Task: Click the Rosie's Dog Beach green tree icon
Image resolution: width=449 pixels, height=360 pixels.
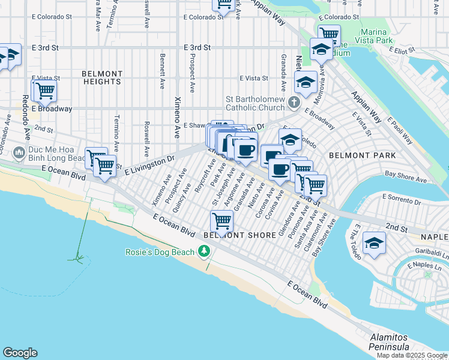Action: coord(205,251)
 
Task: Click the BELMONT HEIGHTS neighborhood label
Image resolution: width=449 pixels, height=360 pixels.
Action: coord(102,77)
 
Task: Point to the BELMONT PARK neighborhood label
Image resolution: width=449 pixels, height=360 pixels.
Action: coord(362,155)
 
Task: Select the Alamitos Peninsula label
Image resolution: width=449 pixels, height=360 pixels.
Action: coord(389,342)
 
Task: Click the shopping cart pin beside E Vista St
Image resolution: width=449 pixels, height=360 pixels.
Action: coord(44,91)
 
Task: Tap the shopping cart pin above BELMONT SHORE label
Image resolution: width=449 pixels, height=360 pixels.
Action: coord(222,221)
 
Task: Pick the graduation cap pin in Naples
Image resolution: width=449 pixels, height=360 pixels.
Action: coord(375,243)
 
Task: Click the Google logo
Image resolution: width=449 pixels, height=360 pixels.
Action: coord(20,352)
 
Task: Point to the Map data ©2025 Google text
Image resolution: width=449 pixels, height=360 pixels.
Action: coord(412,355)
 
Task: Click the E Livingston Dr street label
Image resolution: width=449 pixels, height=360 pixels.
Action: coord(149,166)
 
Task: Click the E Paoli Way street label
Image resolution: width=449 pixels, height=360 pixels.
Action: coord(402,131)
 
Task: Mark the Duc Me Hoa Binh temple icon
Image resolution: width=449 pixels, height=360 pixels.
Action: coord(18,154)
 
